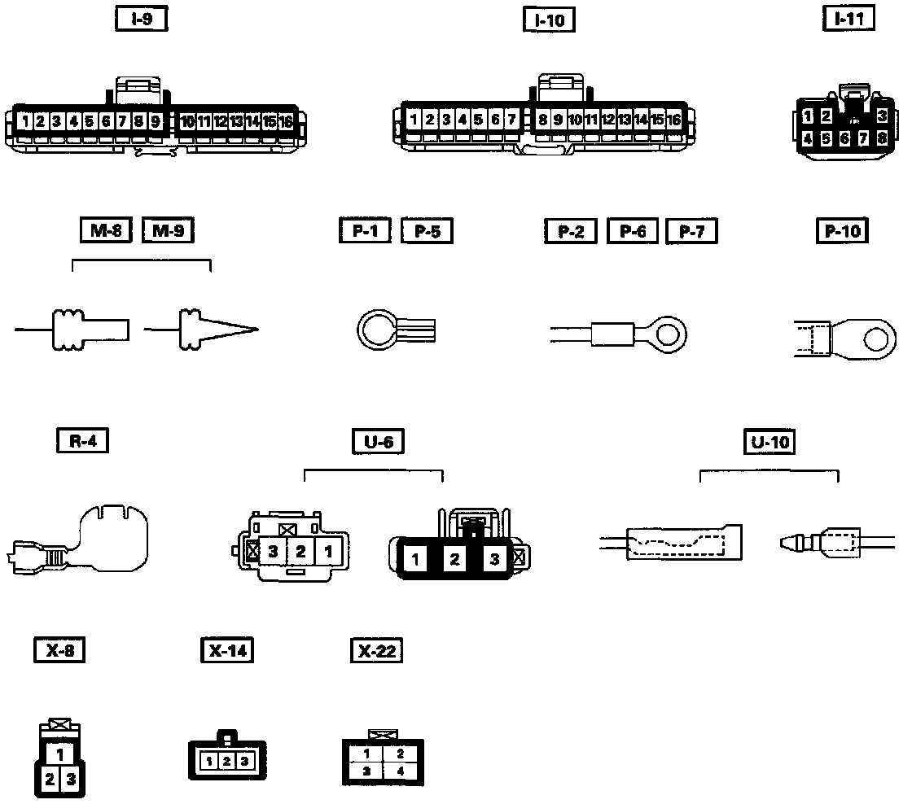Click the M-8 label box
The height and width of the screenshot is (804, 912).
coord(107,231)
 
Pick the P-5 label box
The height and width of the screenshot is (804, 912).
coord(427,231)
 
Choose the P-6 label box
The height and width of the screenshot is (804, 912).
coord(633,231)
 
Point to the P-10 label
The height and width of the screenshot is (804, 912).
coord(842,231)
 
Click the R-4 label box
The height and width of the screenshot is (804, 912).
coord(83,440)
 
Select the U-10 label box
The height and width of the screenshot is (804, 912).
coord(769,442)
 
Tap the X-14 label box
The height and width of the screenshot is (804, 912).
coord(226,650)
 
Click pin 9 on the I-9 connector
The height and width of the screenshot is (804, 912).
coord(155,122)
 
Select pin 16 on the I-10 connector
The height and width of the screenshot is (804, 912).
coord(673,120)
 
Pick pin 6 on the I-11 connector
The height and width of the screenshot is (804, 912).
coord(844,138)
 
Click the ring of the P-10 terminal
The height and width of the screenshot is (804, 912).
coord(876,336)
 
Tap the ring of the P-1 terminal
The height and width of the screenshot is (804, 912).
coord(377,332)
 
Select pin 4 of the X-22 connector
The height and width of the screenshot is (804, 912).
coord(401,770)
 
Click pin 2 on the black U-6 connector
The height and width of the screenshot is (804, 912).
coord(455,560)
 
